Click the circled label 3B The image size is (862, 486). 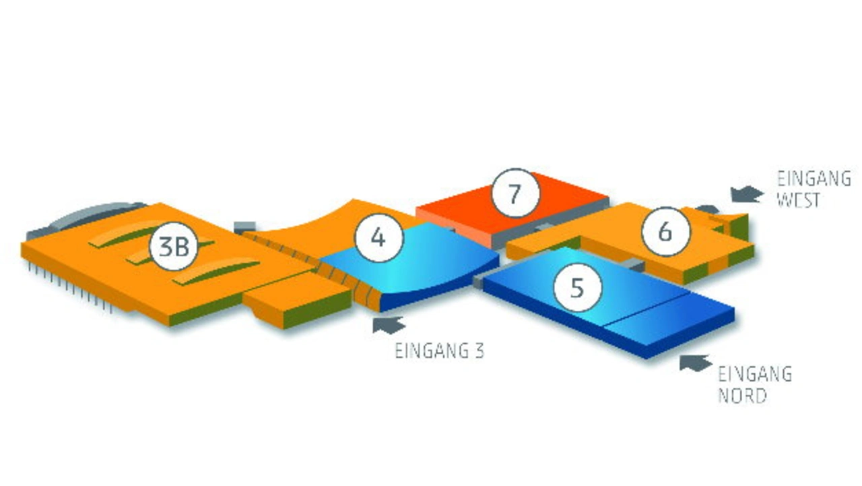174,246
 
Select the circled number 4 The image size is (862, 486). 378,238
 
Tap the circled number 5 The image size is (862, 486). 576,287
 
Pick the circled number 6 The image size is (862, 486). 666,231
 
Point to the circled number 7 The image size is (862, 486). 516,193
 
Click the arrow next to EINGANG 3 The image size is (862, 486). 389,325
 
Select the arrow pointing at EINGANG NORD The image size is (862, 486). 695,363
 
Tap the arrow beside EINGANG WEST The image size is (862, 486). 747,193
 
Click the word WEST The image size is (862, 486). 798,200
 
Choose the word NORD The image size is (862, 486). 742,396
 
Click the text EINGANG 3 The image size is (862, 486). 440,351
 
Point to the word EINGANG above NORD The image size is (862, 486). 755,373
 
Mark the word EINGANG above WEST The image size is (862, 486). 814,179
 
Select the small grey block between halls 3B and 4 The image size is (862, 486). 244,227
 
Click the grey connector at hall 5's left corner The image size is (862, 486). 478,282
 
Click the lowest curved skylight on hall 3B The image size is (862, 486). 215,272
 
